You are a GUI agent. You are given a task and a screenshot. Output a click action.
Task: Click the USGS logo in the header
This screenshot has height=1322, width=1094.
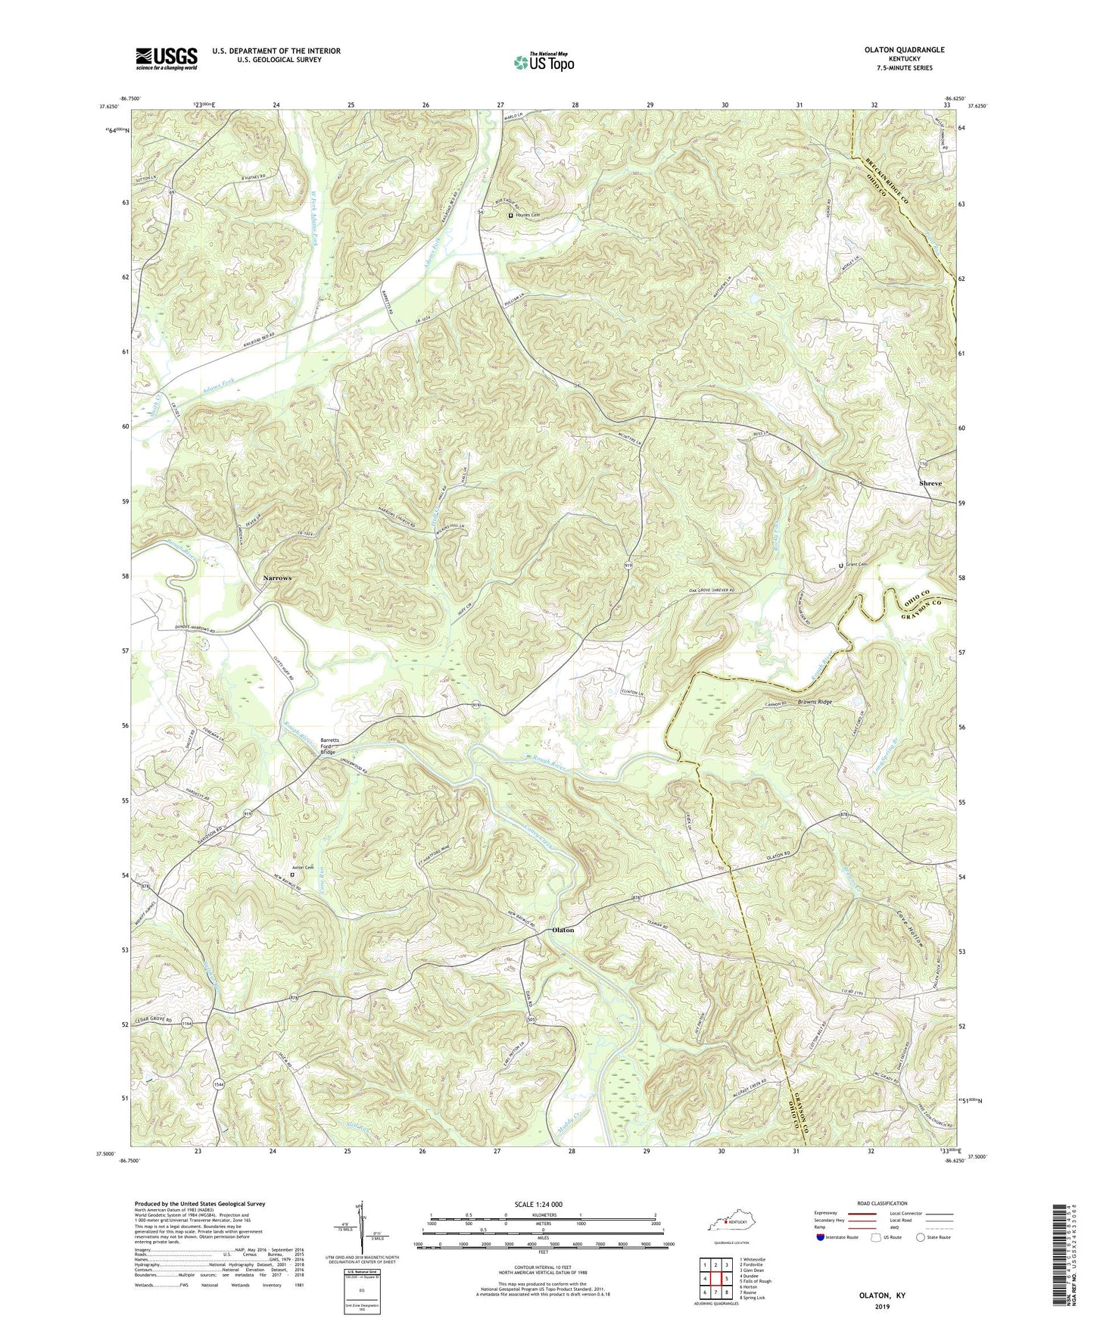166,58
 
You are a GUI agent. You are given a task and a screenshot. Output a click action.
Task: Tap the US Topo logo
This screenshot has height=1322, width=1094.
543,62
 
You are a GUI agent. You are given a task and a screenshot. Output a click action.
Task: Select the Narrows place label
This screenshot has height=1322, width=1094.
276,578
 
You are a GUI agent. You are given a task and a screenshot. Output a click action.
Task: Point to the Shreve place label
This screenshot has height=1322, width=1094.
930,483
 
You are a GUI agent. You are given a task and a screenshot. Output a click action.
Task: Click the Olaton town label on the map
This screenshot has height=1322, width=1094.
563,930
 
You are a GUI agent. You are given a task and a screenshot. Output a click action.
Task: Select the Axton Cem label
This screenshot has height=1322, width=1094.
303,868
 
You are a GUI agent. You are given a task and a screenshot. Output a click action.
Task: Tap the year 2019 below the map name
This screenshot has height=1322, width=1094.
879,1285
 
